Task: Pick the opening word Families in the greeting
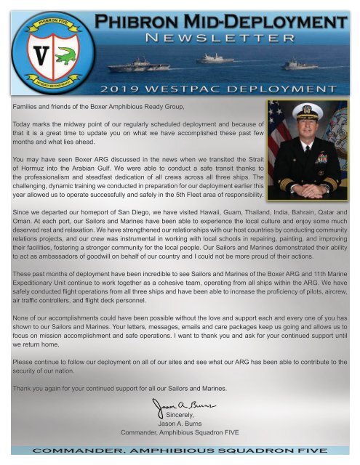click(x=28, y=106)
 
